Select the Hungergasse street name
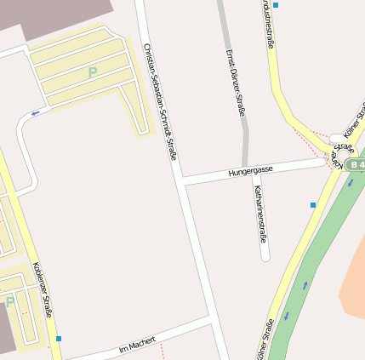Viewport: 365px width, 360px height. click(250, 171)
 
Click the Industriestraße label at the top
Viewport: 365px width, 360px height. click(269, 23)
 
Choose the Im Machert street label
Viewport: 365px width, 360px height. click(137, 344)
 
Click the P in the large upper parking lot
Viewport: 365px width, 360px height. click(92, 72)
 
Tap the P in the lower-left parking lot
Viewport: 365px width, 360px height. click(10, 301)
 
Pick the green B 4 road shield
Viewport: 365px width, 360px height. click(355, 164)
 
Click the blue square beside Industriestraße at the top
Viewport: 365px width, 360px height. click(275, 5)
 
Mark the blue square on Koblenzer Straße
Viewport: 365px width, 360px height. click(59, 339)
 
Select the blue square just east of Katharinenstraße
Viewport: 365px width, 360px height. click(313, 205)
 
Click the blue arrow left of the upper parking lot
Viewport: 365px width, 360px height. click(35, 111)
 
